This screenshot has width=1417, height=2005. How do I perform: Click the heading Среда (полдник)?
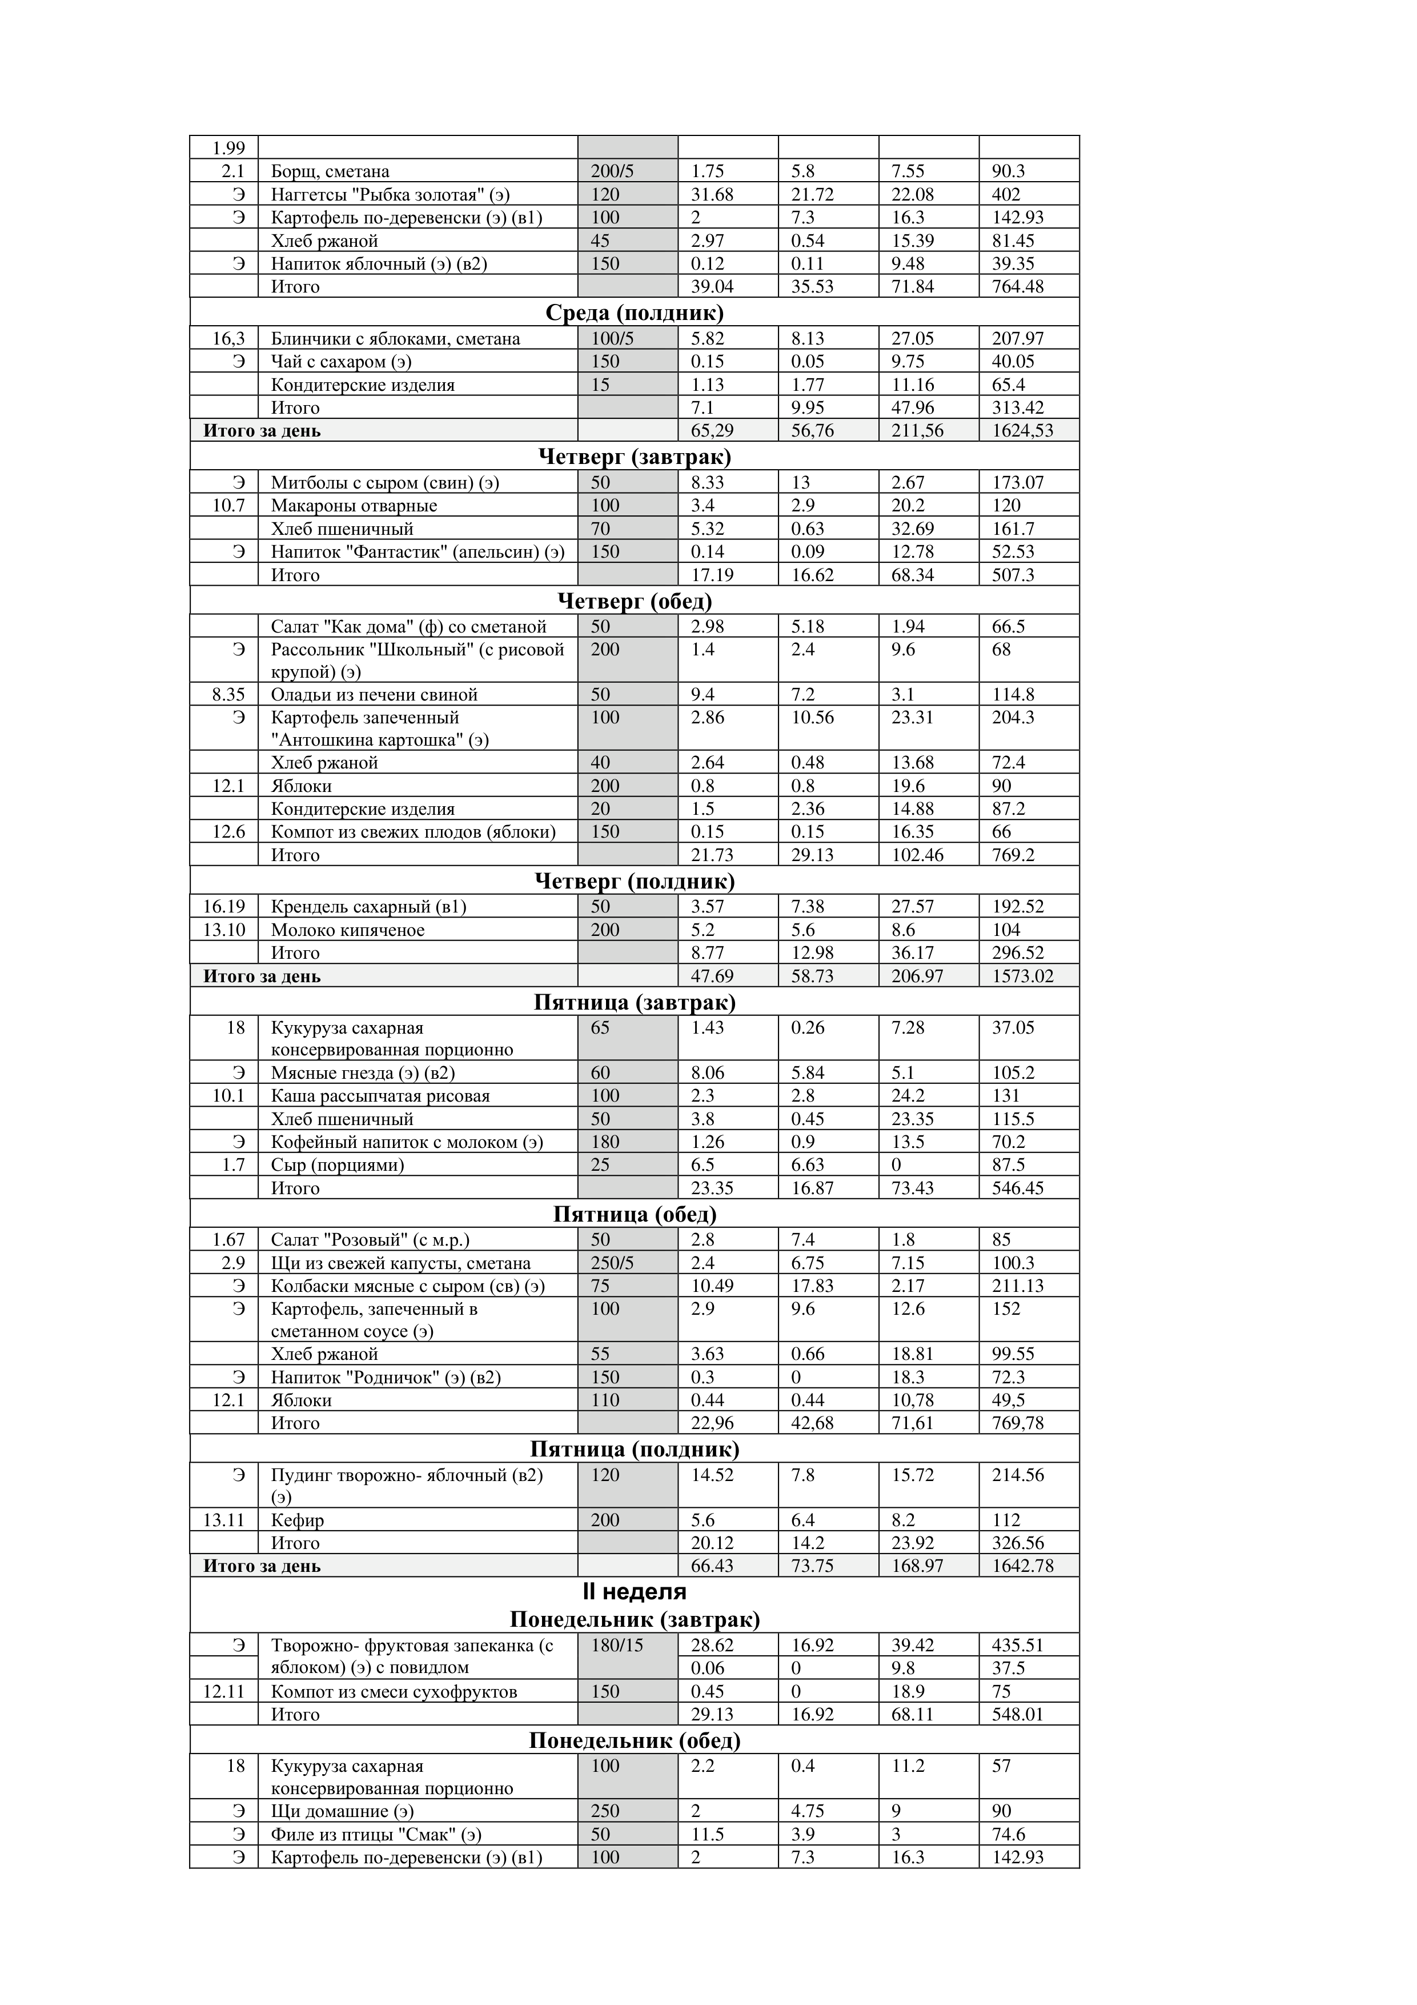[x=634, y=313]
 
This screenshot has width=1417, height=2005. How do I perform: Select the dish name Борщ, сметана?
[x=330, y=171]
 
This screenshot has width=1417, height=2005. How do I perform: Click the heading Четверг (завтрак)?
[x=634, y=456]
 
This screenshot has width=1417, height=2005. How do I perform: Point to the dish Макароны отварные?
[x=354, y=506]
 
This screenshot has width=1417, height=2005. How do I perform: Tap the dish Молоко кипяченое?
[x=347, y=930]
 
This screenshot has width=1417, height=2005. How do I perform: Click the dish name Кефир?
[x=297, y=1520]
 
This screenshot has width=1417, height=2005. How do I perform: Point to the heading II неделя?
[x=634, y=1591]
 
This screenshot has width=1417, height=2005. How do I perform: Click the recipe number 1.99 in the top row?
[x=229, y=147]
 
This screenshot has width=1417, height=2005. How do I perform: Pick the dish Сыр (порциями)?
[x=337, y=1165]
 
